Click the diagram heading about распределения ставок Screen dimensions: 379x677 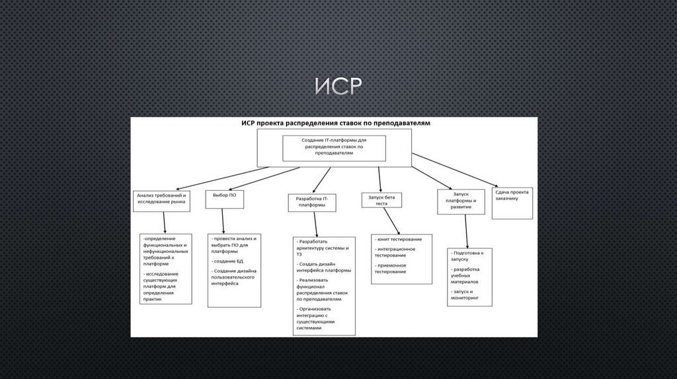[x=335, y=123]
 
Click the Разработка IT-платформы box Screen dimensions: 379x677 [x=312, y=201]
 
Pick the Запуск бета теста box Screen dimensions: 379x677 [x=381, y=200]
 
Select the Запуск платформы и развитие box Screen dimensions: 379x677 [x=461, y=201]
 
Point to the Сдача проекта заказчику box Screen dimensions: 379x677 [x=512, y=195]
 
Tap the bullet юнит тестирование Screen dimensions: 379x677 [x=399, y=239]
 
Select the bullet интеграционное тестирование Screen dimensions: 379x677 [x=395, y=252]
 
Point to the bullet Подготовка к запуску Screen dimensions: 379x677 [x=469, y=256]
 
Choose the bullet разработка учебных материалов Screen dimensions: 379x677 [x=469, y=275]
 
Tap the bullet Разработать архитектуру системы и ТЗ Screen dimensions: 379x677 [x=323, y=248]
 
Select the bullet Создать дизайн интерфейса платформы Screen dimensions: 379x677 [x=324, y=267]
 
